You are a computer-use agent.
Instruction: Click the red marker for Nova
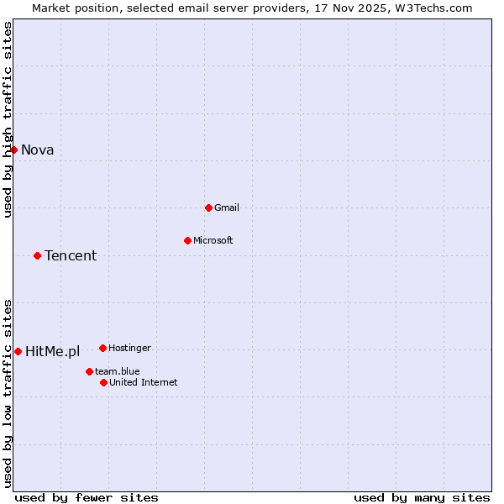click(13, 150)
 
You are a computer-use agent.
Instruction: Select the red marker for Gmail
click(208, 207)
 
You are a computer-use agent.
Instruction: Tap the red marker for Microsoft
click(187, 240)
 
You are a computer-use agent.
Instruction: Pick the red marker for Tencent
click(37, 255)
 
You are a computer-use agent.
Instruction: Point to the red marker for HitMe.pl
click(18, 351)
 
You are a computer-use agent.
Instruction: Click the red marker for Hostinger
click(102, 348)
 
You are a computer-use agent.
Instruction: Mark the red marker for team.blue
click(89, 371)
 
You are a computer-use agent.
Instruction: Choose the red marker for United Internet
click(103, 382)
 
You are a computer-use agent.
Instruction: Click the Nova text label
click(38, 150)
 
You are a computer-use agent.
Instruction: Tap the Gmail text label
click(227, 207)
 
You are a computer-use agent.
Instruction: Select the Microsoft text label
click(213, 240)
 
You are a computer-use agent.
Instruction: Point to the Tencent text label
click(71, 256)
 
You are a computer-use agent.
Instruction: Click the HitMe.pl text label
click(52, 352)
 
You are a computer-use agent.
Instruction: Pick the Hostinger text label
click(129, 348)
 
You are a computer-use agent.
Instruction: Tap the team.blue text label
click(118, 371)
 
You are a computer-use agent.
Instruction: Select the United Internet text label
click(144, 382)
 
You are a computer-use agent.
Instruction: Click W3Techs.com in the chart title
click(433, 8)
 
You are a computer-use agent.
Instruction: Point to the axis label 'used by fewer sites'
click(87, 497)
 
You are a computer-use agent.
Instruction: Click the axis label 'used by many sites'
click(422, 497)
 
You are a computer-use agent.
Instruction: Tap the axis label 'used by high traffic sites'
click(8, 119)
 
